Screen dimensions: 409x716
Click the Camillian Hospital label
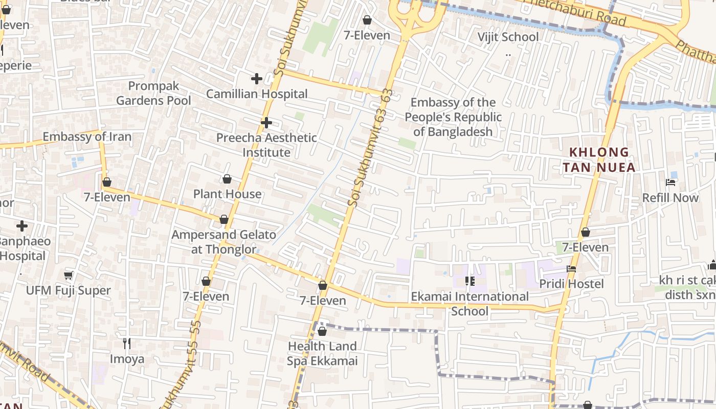(257, 94)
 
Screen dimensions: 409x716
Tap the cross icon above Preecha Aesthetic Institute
(266, 123)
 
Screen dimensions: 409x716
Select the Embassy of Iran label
(87, 137)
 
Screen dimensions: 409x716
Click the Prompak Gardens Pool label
(153, 93)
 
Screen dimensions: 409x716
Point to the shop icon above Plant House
(227, 179)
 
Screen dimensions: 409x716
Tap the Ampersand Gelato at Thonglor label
(223, 242)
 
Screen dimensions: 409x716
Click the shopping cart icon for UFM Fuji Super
(69, 276)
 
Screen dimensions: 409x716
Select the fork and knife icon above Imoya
(127, 344)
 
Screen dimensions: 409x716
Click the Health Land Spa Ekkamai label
(322, 353)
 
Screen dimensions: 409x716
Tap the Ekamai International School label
(470, 304)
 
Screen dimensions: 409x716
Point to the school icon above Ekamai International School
(470, 281)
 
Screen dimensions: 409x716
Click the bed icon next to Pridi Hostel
(571, 269)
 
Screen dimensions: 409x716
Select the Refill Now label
(670, 197)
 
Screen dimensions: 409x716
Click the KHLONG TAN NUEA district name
(599, 160)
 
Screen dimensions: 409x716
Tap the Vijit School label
(508, 37)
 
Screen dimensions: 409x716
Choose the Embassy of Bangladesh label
(453, 117)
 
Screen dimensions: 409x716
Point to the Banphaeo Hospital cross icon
(22, 226)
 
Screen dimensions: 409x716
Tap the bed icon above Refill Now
(670, 183)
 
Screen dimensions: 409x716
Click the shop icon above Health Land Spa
(322, 331)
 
